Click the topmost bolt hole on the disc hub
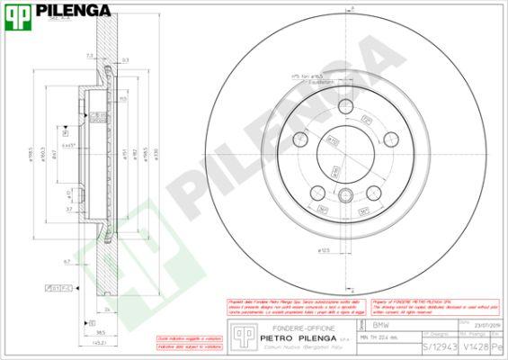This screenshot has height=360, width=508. pyautogui.click(x=346, y=109)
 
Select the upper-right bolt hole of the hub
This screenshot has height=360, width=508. pyautogui.click(x=389, y=139)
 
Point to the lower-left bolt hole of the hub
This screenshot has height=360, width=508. pyautogui.click(x=318, y=192)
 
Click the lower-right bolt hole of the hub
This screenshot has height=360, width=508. pyautogui.click(x=374, y=192)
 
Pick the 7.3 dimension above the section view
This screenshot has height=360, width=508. pyautogui.click(x=89, y=55)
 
